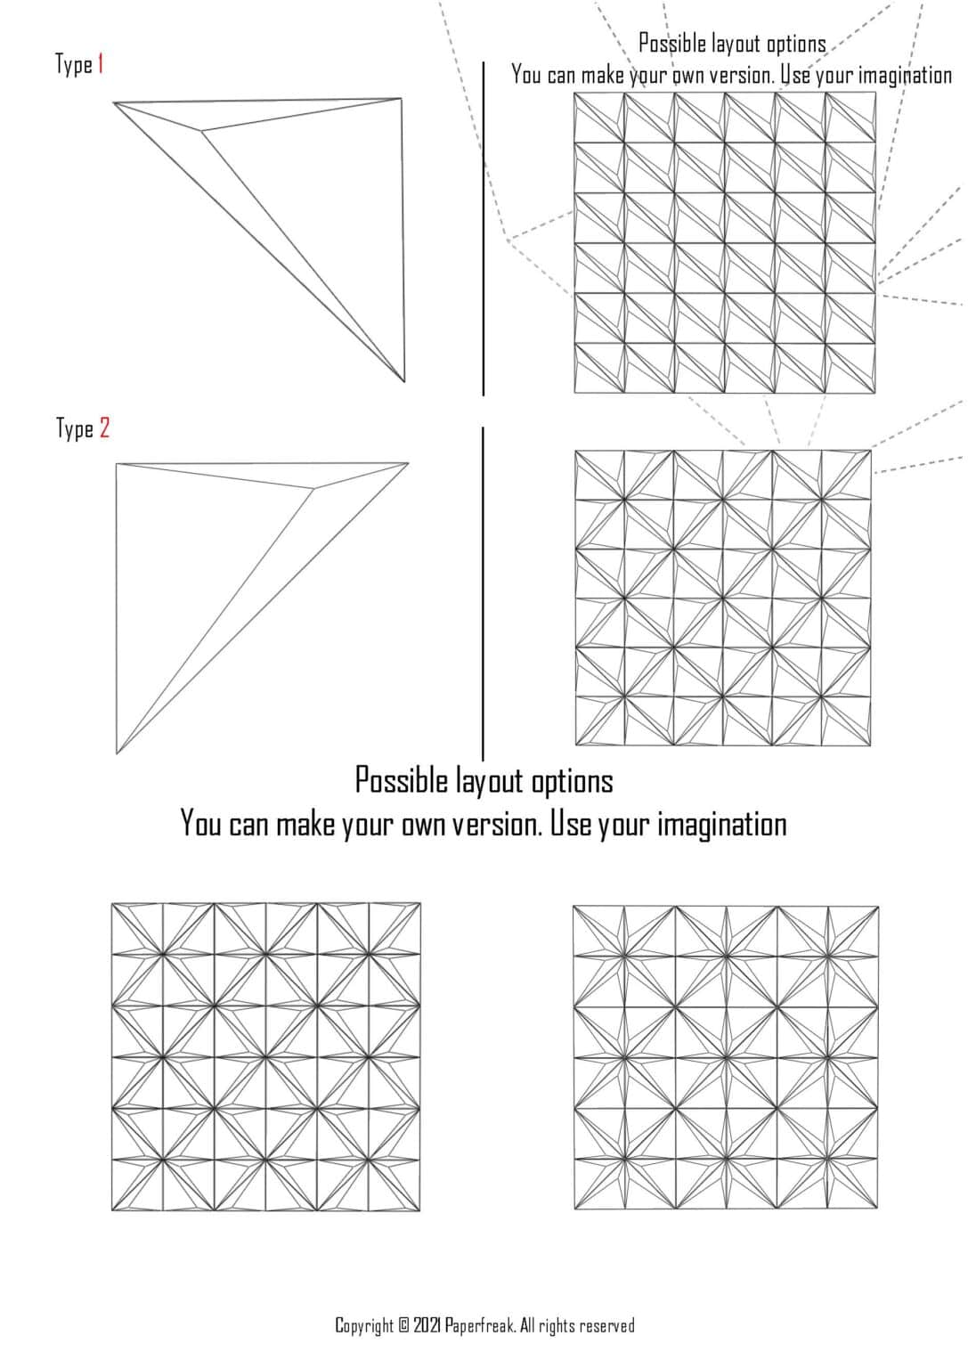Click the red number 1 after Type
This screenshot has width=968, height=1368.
point(101,64)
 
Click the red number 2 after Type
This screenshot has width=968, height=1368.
point(104,428)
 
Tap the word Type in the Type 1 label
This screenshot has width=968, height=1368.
point(73,65)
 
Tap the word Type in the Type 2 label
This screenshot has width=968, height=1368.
point(74,429)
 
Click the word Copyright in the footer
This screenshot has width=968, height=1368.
point(363,1325)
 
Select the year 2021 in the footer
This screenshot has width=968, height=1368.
point(427,1325)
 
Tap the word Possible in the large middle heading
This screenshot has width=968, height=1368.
point(401,780)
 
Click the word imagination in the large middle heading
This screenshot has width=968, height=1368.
point(721,824)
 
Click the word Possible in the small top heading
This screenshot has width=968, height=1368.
point(672,44)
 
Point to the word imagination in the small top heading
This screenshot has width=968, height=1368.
point(905,75)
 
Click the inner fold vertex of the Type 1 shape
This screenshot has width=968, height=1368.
point(202,132)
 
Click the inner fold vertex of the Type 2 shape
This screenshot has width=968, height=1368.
point(313,488)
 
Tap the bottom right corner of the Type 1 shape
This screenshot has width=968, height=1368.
point(404,381)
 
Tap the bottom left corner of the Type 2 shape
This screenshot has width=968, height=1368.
point(117,753)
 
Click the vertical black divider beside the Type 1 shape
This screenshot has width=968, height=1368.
point(484,228)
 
